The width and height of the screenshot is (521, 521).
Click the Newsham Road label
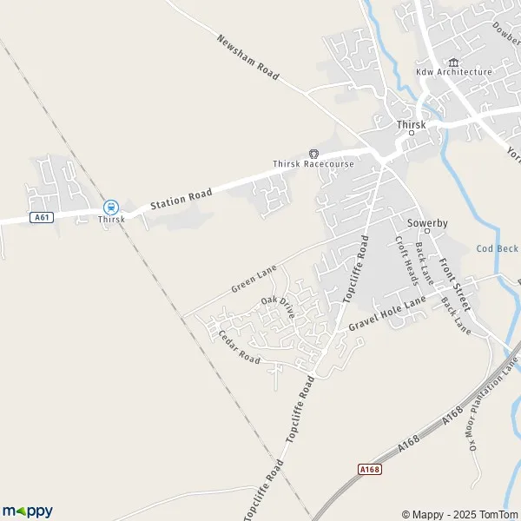coord(247,57)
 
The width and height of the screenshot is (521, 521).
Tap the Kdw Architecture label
coord(453,72)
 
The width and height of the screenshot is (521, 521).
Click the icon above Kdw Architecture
coord(452,62)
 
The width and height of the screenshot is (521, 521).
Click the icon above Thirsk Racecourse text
coord(313,153)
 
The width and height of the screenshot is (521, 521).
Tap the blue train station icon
coord(110,207)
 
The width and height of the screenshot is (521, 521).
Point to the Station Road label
coord(180,197)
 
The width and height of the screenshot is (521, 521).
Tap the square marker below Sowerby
coord(428,233)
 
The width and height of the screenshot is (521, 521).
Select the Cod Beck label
coord(497,248)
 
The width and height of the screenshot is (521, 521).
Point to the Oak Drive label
coord(279,307)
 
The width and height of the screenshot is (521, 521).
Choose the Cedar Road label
coord(239,346)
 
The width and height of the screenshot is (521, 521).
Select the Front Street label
coord(455,285)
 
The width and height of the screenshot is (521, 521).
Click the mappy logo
coord(28,511)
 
